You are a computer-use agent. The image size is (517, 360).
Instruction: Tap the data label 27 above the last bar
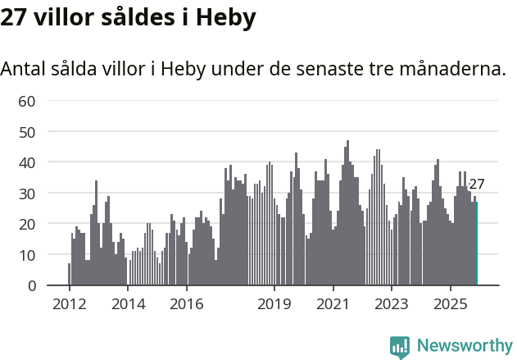pos(477,185)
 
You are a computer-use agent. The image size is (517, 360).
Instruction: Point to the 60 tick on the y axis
pos(27,101)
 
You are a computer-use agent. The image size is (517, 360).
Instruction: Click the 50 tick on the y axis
pos(27,132)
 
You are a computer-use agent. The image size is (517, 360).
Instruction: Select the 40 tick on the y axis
pos(27,162)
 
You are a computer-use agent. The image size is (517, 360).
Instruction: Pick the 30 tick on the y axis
pos(27,194)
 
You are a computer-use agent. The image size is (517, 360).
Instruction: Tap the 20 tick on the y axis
pos(27,224)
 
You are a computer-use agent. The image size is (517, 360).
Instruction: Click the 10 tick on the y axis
pos(27,255)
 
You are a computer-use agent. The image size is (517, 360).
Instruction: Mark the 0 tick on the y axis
pos(31,285)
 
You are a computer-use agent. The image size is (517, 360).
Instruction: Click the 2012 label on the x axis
pos(69,305)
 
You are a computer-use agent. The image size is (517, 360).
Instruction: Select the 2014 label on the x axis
pos(127,305)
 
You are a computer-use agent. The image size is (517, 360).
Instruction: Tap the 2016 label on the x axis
pos(186,305)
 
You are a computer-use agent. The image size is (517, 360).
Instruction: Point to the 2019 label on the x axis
pos(274,305)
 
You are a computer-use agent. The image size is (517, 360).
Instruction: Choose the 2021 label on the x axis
pos(333,305)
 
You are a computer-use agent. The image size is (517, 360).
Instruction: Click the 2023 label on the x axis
pos(392,305)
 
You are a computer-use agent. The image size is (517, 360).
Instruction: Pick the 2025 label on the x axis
pos(450,305)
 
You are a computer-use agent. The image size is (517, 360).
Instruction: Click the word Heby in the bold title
pos(222,17)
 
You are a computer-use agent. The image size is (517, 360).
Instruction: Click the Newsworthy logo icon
pos(400,347)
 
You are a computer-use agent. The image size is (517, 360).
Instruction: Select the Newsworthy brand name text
pos(465,346)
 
